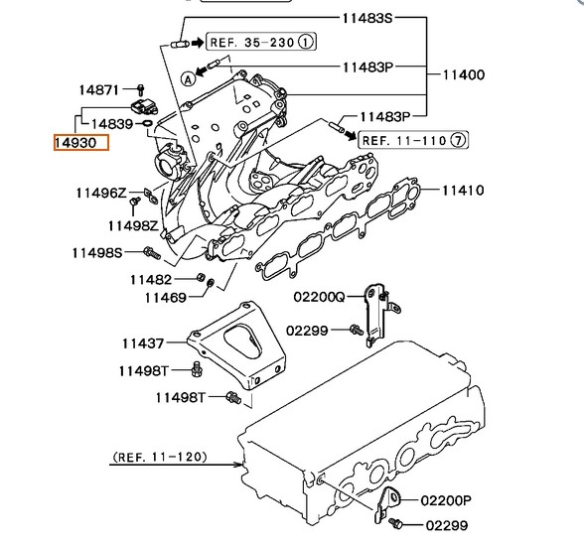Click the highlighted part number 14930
[x=81, y=143]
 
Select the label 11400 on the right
[x=464, y=74]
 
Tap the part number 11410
[x=463, y=191]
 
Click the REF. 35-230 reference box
[x=261, y=42]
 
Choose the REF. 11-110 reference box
[x=413, y=140]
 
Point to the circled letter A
[x=189, y=78]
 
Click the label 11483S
[x=367, y=18]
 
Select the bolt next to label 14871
[x=140, y=90]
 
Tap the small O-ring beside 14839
[x=147, y=123]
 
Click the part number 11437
[x=143, y=343]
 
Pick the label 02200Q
[x=319, y=297]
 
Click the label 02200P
[x=446, y=500]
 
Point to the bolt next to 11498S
[x=152, y=253]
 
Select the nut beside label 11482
[x=200, y=277]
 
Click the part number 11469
[x=165, y=298]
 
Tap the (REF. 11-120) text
[x=160, y=457]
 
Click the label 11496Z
[x=101, y=194]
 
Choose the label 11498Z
[x=133, y=225]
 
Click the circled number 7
[x=459, y=140]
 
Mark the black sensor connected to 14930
[x=145, y=106]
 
